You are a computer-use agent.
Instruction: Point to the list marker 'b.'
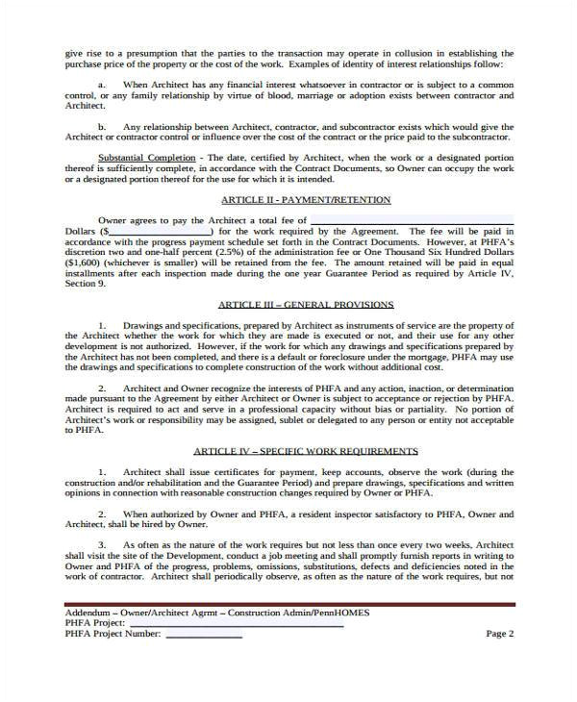click(104, 125)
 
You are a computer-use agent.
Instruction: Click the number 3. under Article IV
click(103, 543)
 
